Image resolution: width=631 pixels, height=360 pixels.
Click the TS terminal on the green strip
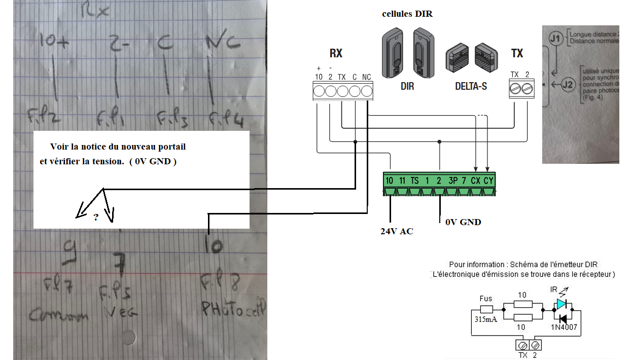(x=414, y=181)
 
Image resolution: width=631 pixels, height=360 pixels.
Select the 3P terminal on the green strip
(x=452, y=181)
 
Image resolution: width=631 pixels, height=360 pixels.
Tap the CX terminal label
(x=476, y=181)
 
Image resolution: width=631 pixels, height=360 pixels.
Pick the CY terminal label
(x=488, y=181)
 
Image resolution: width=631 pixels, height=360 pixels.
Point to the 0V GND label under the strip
(x=463, y=222)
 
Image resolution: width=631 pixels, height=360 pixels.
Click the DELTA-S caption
(x=470, y=86)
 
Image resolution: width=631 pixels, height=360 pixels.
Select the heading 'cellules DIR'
(x=407, y=14)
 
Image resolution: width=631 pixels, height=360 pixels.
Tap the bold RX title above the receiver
(x=336, y=53)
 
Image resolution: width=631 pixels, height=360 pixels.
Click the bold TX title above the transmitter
(x=517, y=53)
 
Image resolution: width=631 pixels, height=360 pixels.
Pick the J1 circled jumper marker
(x=556, y=38)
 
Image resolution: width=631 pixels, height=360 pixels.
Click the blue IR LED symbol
(x=561, y=304)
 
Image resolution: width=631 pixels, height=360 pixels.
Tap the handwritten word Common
(x=59, y=315)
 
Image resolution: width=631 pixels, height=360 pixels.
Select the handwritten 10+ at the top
(x=55, y=44)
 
